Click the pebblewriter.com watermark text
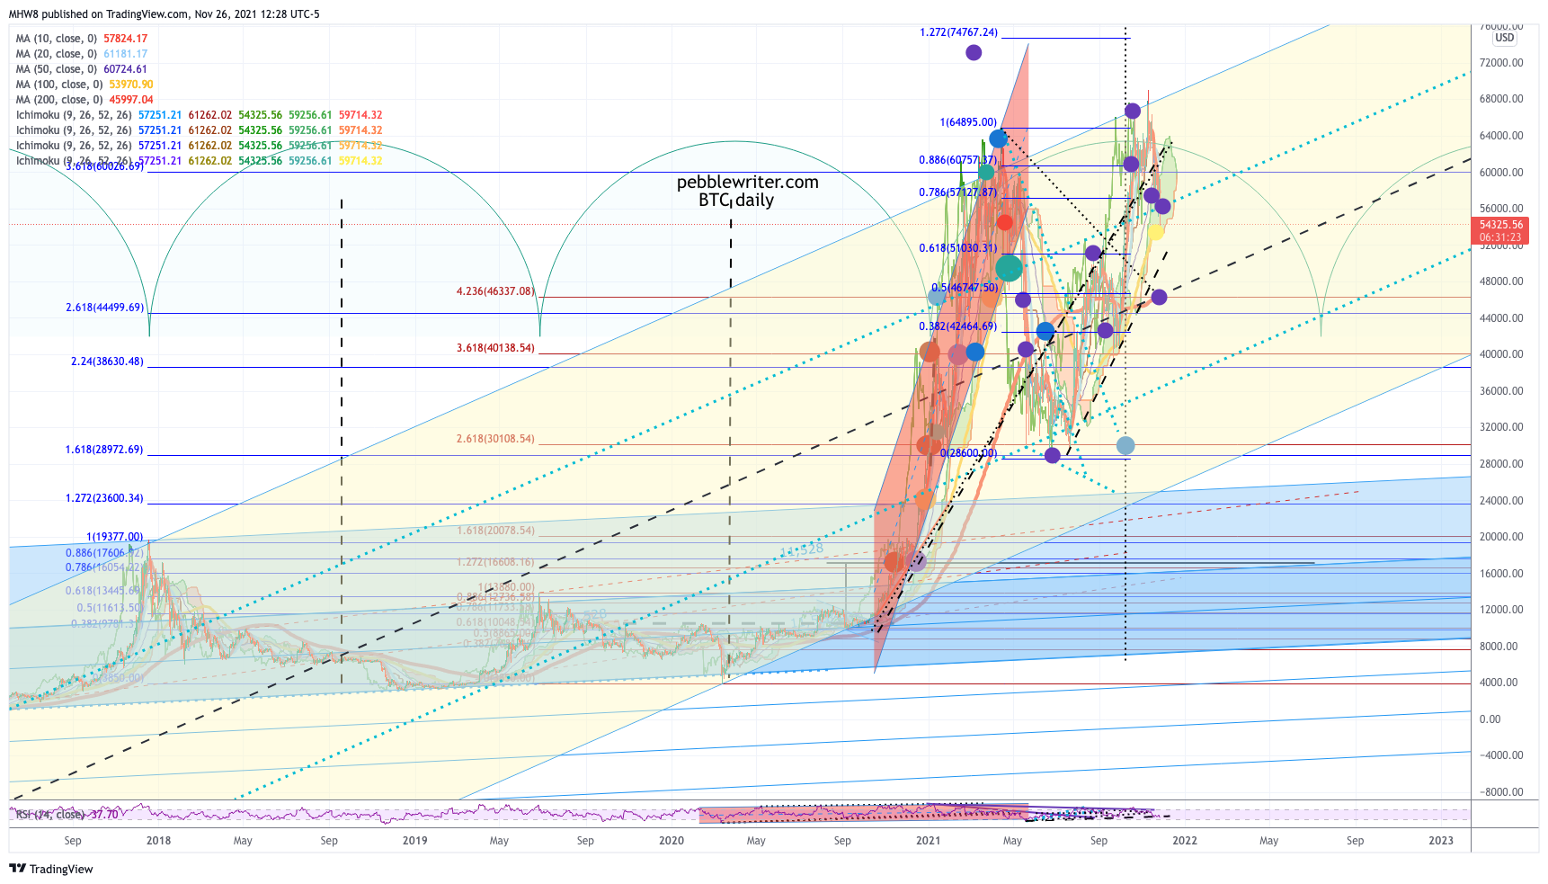747,183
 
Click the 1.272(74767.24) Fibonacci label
958,32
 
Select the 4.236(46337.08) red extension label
494,291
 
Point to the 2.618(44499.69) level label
104,308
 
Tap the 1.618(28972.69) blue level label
103,450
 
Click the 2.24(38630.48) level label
107,362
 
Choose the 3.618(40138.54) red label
494,348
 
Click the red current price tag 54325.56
1500,225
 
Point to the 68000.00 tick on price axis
1501,99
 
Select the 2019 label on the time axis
414,841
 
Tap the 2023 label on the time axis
1440,841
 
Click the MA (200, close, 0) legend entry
85,100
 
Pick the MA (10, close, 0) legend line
81,39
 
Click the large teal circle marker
1009,267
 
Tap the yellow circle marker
1155,232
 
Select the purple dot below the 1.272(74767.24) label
974,53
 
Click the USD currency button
1504,38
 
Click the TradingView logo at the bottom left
51,869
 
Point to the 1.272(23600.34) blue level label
103,498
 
